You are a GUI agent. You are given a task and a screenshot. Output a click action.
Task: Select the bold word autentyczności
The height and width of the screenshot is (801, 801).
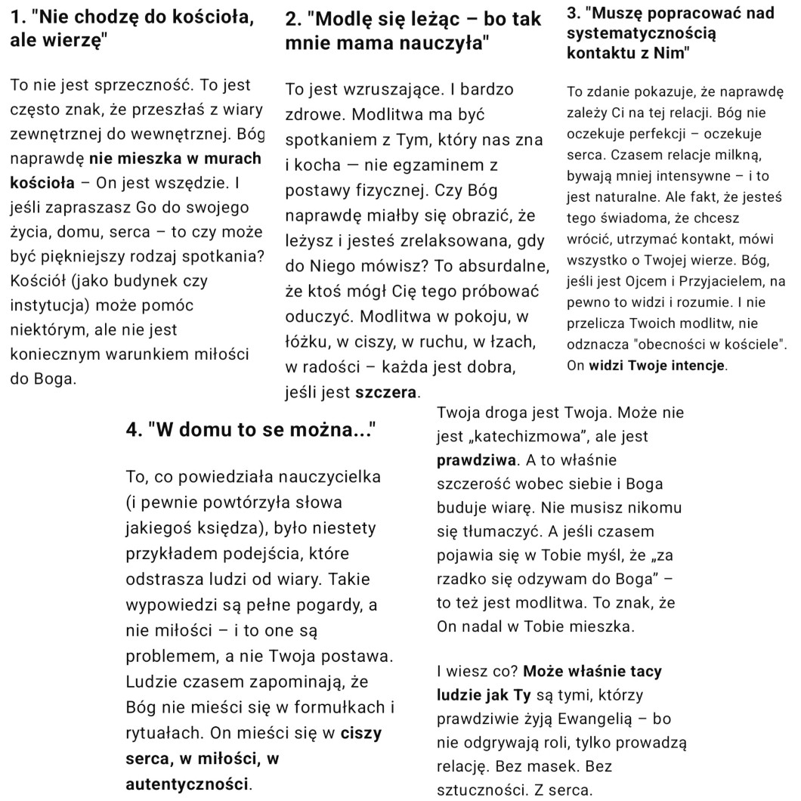pyautogui.click(x=187, y=781)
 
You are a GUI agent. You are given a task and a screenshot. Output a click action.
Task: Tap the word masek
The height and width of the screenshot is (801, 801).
pyautogui.click(x=561, y=767)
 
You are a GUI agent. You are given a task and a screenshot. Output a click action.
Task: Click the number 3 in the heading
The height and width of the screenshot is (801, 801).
pyautogui.click(x=571, y=14)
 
